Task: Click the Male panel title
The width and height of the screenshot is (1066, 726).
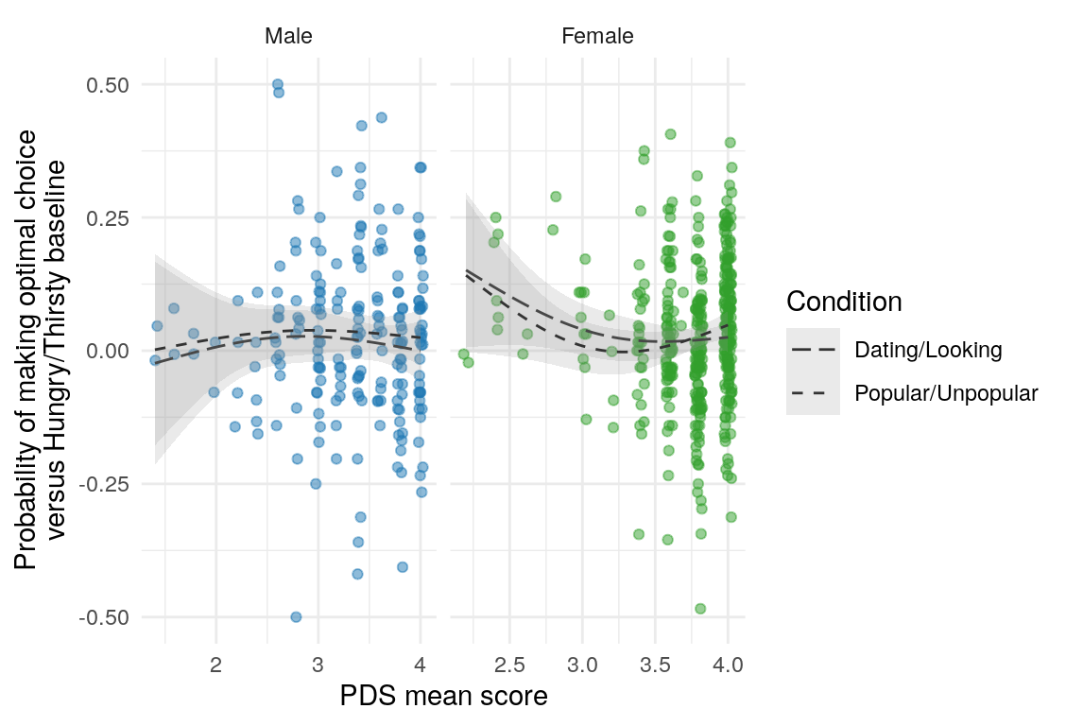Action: pyautogui.click(x=288, y=37)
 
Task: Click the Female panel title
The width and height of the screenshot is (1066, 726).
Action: pyautogui.click(x=597, y=37)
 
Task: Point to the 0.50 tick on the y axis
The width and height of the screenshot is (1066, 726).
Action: pyautogui.click(x=109, y=85)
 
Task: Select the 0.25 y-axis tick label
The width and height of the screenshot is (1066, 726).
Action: pyautogui.click(x=109, y=218)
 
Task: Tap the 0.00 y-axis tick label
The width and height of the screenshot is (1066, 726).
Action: pyautogui.click(x=109, y=351)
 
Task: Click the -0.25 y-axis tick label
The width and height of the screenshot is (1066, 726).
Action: pyautogui.click(x=106, y=484)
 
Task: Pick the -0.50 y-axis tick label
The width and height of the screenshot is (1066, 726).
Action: pyautogui.click(x=106, y=617)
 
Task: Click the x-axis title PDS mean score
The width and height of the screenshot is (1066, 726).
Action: pyautogui.click(x=444, y=698)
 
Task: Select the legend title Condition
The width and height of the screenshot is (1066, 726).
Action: pyautogui.click(x=844, y=302)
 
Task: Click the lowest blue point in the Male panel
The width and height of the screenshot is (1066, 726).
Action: pyautogui.click(x=296, y=616)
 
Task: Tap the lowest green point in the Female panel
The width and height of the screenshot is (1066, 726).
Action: pyautogui.click(x=700, y=609)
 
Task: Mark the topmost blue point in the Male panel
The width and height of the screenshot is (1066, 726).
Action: pyautogui.click(x=278, y=84)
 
